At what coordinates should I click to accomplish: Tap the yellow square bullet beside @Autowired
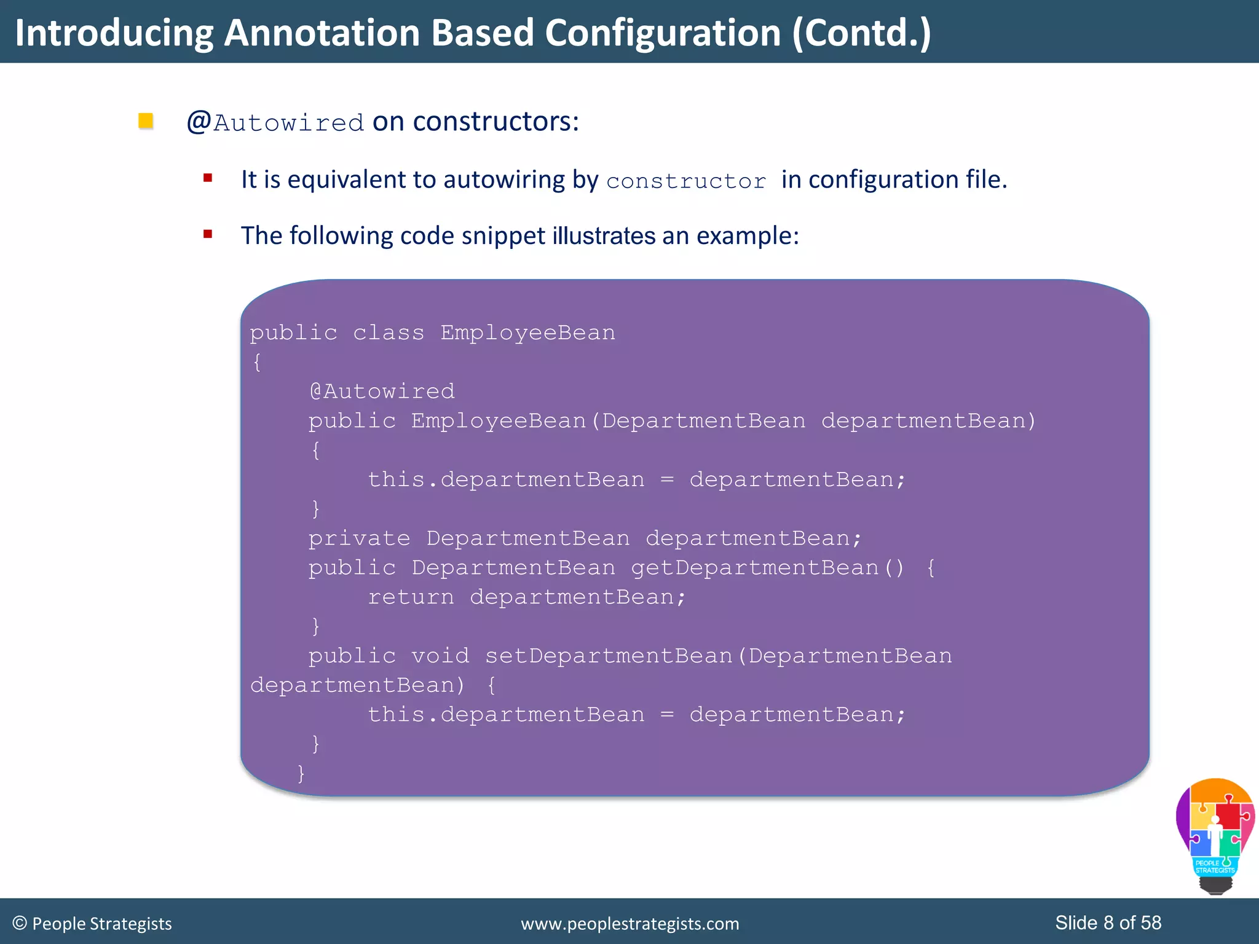(x=146, y=120)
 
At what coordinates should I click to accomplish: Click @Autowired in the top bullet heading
(x=275, y=122)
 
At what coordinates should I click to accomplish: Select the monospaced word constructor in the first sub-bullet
(x=686, y=181)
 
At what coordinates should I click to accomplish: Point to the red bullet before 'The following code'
(x=208, y=234)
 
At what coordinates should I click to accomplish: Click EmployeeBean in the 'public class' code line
(x=527, y=332)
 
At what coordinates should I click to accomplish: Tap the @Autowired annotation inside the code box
(x=382, y=391)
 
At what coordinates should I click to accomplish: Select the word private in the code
(x=359, y=538)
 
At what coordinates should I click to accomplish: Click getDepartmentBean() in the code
(x=768, y=567)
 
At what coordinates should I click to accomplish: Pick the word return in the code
(x=411, y=597)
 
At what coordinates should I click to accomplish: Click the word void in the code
(x=440, y=656)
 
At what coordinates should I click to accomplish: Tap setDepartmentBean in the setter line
(x=609, y=656)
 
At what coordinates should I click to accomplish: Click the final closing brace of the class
(x=301, y=773)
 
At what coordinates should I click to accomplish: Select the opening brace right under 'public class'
(x=257, y=362)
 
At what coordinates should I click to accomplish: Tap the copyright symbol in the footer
(x=20, y=923)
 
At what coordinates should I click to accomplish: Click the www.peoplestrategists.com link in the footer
(x=629, y=924)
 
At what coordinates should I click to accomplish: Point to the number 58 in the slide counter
(x=1151, y=922)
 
